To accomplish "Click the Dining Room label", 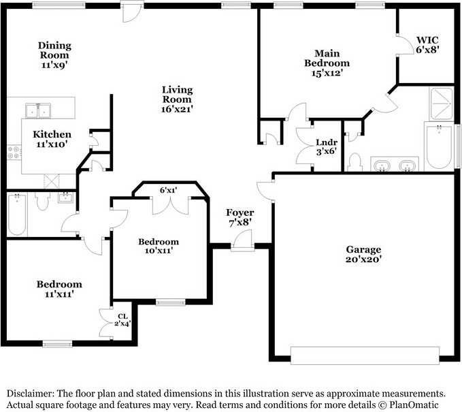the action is point(54,50).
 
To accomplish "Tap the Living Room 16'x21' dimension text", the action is point(177,109).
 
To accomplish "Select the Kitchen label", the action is point(52,134).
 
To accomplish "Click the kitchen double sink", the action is point(38,111).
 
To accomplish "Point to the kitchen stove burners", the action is point(14,153).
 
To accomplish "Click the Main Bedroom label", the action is point(327,58).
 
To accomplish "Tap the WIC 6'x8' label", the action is point(427,44).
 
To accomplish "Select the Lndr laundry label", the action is point(327,142).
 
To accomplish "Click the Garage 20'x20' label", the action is point(363,254).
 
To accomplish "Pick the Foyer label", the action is point(240,212).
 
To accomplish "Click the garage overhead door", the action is point(365,355).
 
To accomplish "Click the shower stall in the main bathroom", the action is point(442,104).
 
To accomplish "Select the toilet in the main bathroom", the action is point(354,162).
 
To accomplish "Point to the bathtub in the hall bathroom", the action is point(17,214).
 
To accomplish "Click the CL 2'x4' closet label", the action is point(122,319).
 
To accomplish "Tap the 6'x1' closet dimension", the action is point(169,190).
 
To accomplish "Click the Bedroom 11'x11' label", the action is point(59,289).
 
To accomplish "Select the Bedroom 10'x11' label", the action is point(159,247).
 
